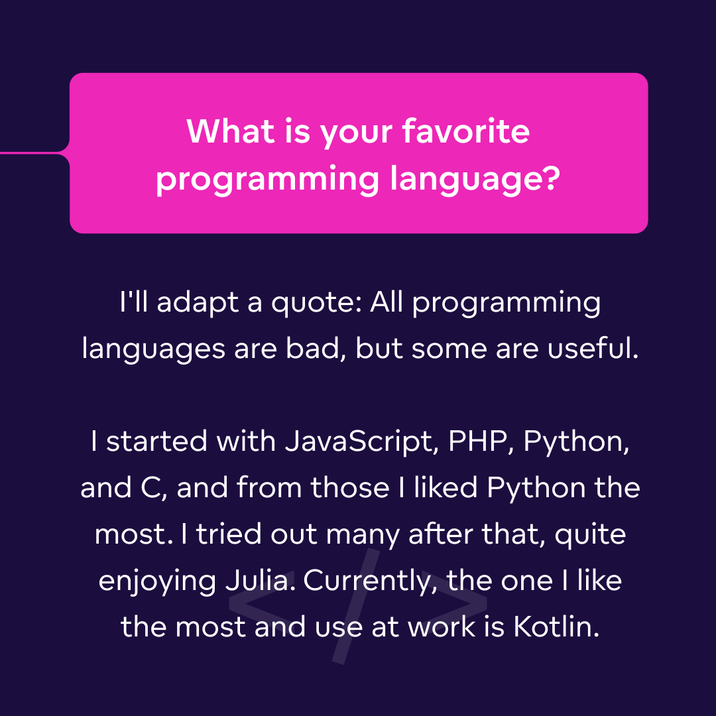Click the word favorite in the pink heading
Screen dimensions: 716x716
[x=466, y=132]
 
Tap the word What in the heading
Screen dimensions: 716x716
[x=231, y=132]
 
